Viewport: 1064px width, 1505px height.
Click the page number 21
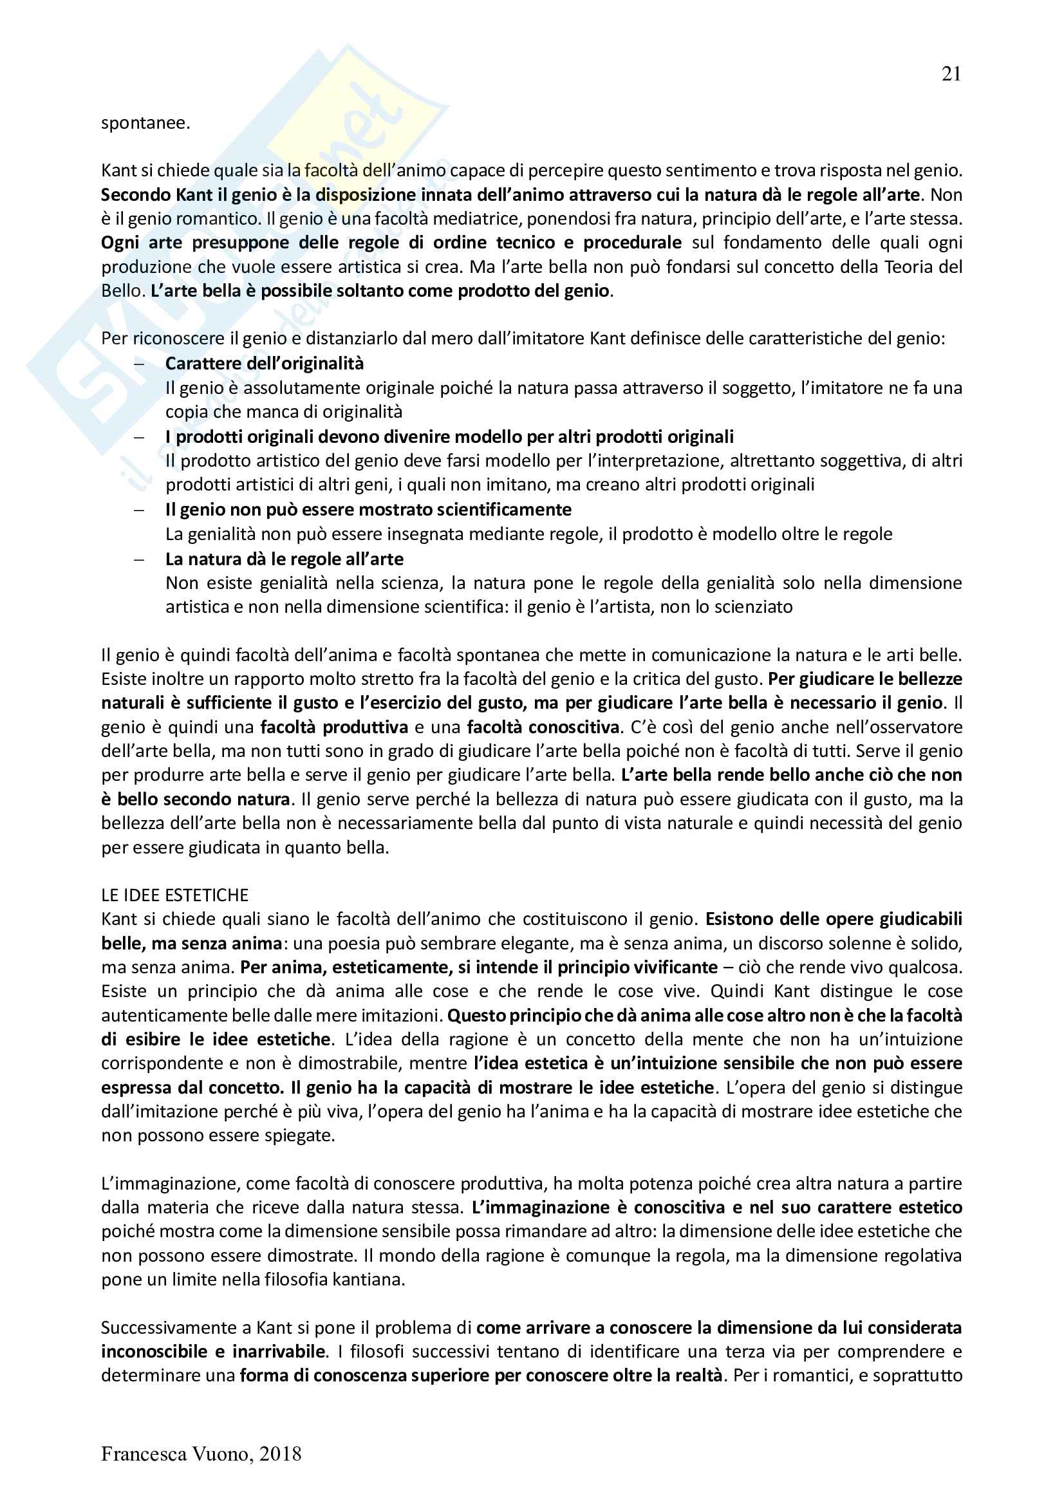[951, 74]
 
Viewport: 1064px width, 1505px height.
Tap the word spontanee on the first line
[145, 123]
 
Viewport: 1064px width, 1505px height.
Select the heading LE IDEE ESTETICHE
[175, 895]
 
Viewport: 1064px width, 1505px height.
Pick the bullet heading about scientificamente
[368, 510]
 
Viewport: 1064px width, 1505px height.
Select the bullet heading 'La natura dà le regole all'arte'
[284, 559]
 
